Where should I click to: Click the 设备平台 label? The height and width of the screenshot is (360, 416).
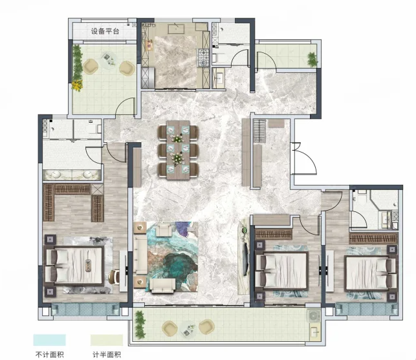(105, 31)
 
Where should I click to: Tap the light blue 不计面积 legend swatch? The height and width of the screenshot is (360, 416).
(49, 340)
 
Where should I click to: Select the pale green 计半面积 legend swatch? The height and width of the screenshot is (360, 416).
(107, 340)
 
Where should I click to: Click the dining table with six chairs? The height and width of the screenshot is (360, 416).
(178, 150)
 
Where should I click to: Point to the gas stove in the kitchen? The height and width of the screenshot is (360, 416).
(203, 57)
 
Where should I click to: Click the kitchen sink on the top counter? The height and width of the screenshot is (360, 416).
(176, 28)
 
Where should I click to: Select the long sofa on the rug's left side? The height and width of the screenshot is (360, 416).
(140, 254)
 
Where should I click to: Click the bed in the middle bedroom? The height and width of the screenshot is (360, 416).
(282, 270)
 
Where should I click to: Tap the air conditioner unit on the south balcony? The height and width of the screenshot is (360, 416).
(313, 316)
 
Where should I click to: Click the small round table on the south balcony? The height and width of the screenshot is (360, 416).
(188, 329)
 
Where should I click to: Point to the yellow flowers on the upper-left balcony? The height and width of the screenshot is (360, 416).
(77, 85)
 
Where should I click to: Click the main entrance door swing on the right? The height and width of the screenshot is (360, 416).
(304, 159)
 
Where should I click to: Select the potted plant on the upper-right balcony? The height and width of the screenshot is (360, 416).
(312, 59)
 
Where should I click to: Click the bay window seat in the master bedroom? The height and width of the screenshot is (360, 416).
(85, 309)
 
